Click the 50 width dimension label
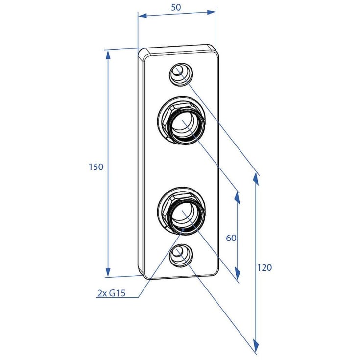[x=176, y=7]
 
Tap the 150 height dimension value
[x=96, y=167]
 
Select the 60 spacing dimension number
[x=231, y=238]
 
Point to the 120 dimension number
[x=264, y=268]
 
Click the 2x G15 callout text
[x=112, y=293]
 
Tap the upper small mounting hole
[x=181, y=74]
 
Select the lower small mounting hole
[x=181, y=256]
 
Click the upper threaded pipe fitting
[x=181, y=121]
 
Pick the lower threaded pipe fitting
[x=181, y=211]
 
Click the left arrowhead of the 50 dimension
[x=143, y=16]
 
